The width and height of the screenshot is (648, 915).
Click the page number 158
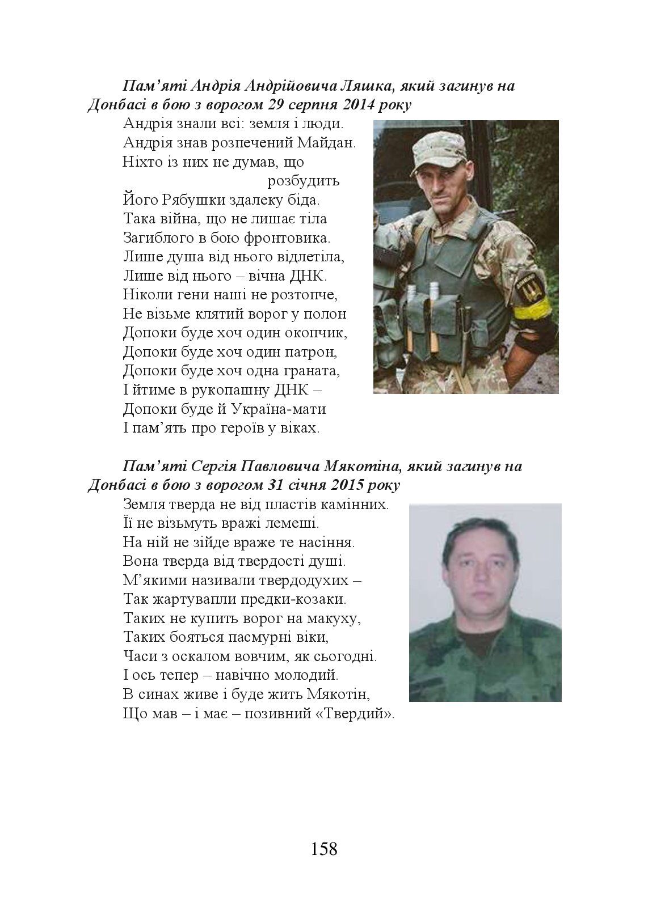click(x=324, y=849)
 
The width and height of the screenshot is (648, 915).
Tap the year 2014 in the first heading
click(x=358, y=105)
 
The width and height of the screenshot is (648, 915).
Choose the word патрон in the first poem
click(x=315, y=352)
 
